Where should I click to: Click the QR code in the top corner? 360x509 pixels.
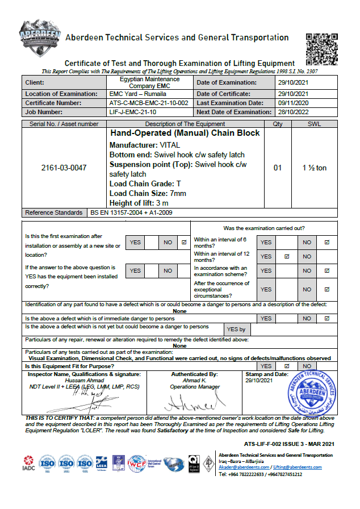(x=322, y=49)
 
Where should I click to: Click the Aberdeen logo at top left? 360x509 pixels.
(x=40, y=40)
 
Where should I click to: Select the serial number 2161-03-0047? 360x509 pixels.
(x=64, y=168)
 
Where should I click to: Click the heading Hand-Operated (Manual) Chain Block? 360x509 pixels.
(x=185, y=133)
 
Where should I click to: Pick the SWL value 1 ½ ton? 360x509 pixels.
(x=313, y=168)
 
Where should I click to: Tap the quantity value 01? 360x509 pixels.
(x=278, y=168)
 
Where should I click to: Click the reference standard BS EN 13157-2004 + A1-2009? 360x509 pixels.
(x=131, y=212)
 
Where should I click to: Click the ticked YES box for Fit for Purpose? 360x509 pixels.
(x=286, y=366)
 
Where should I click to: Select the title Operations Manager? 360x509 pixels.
(x=194, y=387)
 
